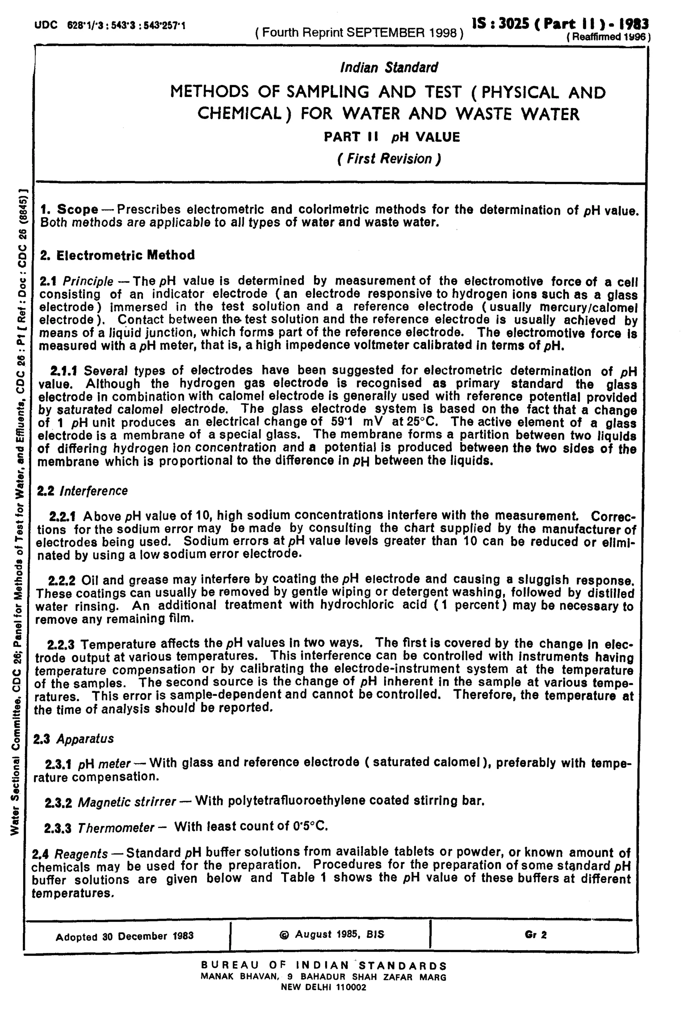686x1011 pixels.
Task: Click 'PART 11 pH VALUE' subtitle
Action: [x=392, y=137]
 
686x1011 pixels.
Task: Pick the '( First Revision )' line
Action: [x=389, y=159]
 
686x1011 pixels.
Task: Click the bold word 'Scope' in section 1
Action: [x=77, y=209]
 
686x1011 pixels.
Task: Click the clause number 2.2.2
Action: [x=62, y=580]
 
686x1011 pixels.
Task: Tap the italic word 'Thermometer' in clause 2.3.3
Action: [x=116, y=828]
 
